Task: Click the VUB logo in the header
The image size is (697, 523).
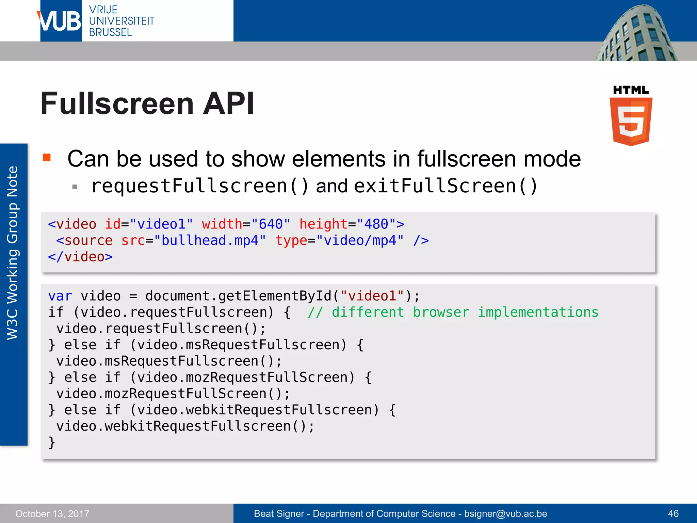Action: click(x=61, y=21)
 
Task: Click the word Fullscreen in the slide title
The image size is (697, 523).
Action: click(x=117, y=104)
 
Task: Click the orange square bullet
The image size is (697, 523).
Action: click(x=47, y=157)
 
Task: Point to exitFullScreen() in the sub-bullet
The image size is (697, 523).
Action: click(x=445, y=186)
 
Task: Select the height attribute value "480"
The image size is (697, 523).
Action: click(x=376, y=224)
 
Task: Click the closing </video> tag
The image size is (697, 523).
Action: click(x=80, y=257)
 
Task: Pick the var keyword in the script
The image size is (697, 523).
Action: click(x=60, y=296)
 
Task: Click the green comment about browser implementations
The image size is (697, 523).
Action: click(x=453, y=313)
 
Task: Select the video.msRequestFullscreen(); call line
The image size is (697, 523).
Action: click(x=169, y=361)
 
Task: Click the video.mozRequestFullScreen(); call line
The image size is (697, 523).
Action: click(x=173, y=394)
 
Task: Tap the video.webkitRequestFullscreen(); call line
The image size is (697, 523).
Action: click(x=185, y=426)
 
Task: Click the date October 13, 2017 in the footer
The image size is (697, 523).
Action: click(x=52, y=513)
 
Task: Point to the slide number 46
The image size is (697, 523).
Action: click(x=673, y=513)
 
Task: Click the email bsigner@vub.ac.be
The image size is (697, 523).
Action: click(x=506, y=513)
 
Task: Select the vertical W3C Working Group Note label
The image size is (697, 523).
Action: click(x=13, y=253)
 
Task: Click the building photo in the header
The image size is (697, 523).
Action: click(x=636, y=34)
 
